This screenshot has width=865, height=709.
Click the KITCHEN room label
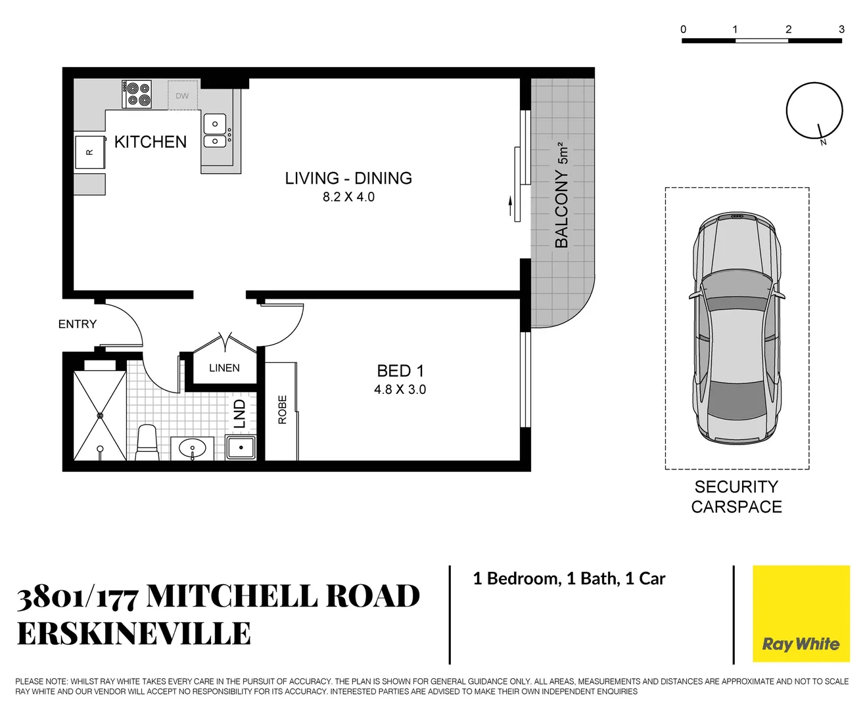click(x=150, y=142)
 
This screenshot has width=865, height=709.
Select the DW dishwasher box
click(x=182, y=96)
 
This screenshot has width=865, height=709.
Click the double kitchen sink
click(x=214, y=132)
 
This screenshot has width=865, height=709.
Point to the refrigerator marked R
click(x=89, y=152)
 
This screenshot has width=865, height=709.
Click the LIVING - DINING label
click(x=348, y=178)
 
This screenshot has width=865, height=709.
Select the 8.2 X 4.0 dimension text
click(x=348, y=197)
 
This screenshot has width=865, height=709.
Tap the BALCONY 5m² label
click(x=561, y=196)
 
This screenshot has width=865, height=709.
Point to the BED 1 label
click(x=400, y=371)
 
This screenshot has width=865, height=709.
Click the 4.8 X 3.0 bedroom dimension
click(x=400, y=389)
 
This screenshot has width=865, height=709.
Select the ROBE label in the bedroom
click(x=283, y=409)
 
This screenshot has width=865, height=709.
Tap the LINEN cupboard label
click(x=224, y=368)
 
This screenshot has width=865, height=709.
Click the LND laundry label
click(x=240, y=414)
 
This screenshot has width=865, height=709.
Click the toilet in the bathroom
click(x=147, y=443)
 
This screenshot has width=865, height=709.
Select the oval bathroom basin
click(x=192, y=449)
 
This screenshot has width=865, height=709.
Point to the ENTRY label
click(x=77, y=324)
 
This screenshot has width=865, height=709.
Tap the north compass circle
click(x=814, y=111)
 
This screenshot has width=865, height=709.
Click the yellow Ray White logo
click(x=801, y=614)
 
